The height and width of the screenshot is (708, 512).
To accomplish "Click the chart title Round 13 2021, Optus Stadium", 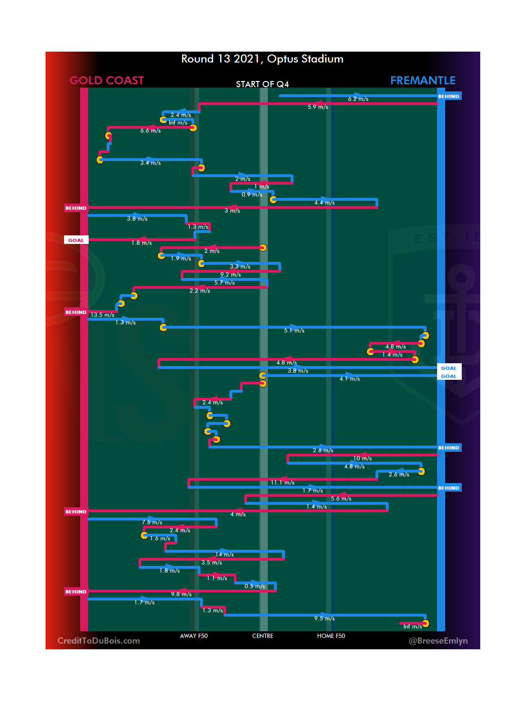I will click(x=262, y=59).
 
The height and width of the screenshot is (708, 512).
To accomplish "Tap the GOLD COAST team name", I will click(x=107, y=81).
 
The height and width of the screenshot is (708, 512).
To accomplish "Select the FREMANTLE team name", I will click(x=422, y=81).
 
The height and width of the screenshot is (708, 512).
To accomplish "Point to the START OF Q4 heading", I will click(x=262, y=84).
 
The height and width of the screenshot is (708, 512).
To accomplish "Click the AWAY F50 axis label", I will click(x=193, y=636).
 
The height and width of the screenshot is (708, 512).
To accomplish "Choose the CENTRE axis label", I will click(x=263, y=636).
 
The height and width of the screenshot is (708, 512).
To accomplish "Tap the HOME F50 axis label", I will click(x=331, y=636).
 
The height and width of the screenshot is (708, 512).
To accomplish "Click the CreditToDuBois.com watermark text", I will click(x=99, y=641).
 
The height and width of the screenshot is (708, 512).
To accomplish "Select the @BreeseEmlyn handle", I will click(x=438, y=641).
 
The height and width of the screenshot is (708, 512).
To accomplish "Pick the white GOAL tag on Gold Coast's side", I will click(x=76, y=240).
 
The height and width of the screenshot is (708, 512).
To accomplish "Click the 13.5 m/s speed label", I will click(x=102, y=315).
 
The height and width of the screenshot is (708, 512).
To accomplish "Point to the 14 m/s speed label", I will click(x=225, y=555).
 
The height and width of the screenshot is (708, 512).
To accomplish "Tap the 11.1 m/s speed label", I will click(x=283, y=483).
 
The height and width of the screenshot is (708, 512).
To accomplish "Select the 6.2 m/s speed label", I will click(x=358, y=99).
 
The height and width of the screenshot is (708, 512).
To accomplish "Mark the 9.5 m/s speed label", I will click(x=324, y=618).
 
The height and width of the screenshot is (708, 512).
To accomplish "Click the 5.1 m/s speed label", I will click(x=294, y=331).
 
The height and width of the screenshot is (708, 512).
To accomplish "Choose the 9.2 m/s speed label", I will click(x=230, y=275).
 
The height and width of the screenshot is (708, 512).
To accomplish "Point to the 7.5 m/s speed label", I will click(x=152, y=522).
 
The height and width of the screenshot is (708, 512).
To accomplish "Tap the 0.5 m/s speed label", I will click(x=255, y=586).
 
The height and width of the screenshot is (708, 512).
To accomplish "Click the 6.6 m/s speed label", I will click(x=150, y=131).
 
